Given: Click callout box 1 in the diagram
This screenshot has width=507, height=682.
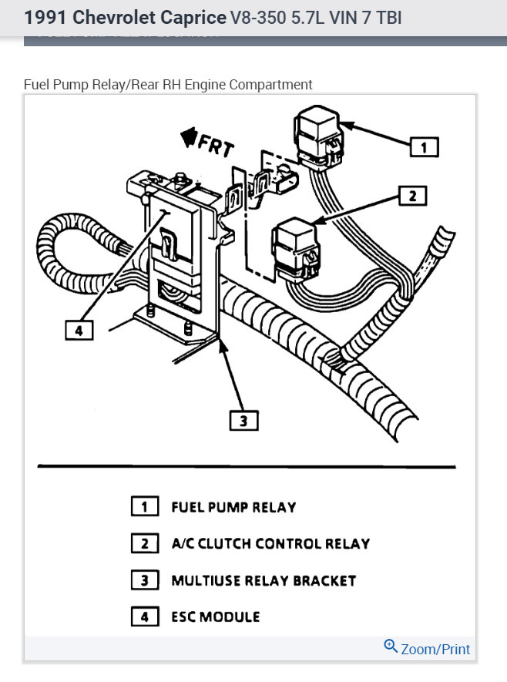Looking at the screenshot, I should [424, 146].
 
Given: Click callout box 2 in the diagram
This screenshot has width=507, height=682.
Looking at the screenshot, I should [412, 196].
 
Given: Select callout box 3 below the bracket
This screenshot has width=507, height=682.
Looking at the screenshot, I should [243, 420].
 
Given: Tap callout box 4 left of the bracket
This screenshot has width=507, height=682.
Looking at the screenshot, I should [79, 331].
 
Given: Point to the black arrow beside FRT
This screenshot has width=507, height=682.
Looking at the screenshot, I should [187, 136].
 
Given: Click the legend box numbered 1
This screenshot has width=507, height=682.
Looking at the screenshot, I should [144, 507].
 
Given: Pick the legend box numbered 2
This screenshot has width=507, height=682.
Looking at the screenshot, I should [144, 543].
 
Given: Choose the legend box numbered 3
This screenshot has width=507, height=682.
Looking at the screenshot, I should [144, 580].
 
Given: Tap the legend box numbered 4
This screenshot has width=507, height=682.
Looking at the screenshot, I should [144, 616].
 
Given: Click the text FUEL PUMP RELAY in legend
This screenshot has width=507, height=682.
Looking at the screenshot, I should [233, 507].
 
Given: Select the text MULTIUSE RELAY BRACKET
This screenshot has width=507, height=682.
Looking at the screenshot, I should [264, 580].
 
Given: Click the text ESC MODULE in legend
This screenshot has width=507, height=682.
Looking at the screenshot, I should [216, 616].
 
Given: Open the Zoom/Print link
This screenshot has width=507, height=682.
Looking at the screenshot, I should [435, 650].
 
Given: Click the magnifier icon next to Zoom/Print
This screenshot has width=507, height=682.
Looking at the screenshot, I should [391, 647].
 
